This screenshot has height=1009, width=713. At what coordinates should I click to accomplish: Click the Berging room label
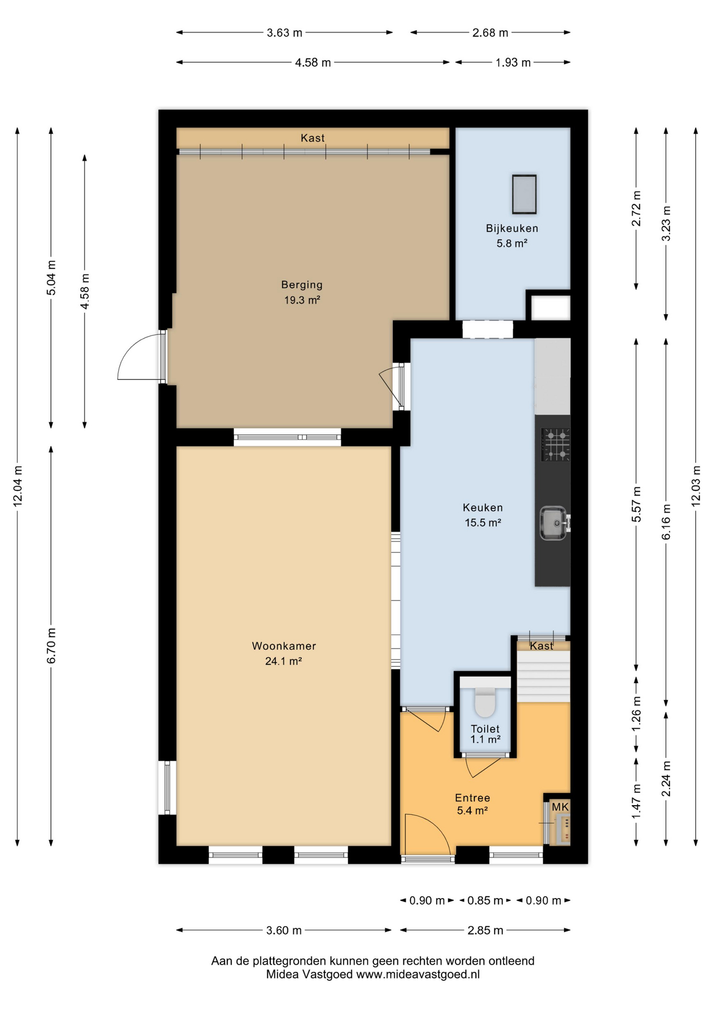click(x=302, y=285)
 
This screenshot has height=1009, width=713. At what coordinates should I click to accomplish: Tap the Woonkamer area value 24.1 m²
click(x=284, y=661)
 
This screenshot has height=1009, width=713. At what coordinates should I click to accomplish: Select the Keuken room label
click(x=483, y=508)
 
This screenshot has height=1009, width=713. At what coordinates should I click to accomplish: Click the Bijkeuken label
click(x=512, y=229)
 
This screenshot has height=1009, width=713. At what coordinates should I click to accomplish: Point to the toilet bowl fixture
click(x=485, y=702)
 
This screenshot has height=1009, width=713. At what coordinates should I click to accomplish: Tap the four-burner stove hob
click(x=556, y=445)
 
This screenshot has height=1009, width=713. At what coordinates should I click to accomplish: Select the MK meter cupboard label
click(x=560, y=807)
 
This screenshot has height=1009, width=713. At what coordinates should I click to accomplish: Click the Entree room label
click(x=473, y=798)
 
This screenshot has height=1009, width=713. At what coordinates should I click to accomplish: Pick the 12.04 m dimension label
click(x=18, y=486)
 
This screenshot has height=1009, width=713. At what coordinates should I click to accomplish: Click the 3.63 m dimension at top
click(x=285, y=33)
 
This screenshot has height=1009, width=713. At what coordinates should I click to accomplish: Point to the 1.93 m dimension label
click(x=513, y=63)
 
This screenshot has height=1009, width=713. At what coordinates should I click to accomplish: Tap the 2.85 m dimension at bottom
click(x=485, y=930)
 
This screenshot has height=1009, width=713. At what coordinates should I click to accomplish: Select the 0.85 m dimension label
click(x=486, y=900)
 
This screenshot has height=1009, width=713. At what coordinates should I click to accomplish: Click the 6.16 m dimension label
click(x=666, y=522)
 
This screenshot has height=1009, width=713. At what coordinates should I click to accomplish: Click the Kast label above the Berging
click(x=312, y=138)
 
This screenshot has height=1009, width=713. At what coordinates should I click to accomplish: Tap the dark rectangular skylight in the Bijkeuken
click(x=525, y=194)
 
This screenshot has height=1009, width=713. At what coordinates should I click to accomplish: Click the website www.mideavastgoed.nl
click(x=418, y=974)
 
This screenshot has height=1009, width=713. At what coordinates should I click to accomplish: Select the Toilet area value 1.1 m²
click(x=485, y=739)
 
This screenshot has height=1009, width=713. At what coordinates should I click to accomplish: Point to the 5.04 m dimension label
click(x=51, y=277)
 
